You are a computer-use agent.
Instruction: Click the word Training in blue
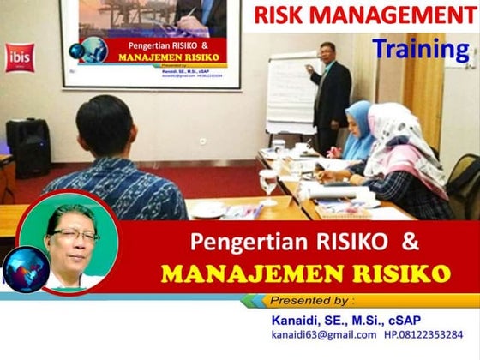click(x=420, y=49)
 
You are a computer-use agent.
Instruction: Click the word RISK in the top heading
click(x=284, y=15)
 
